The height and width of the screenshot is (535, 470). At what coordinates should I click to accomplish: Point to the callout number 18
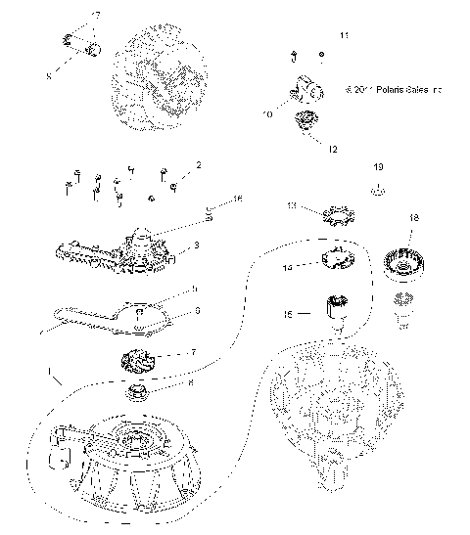[x=413, y=218]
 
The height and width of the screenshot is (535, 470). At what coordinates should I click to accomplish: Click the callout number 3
[x=197, y=245]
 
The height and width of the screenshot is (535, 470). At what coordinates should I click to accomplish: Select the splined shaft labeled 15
[x=341, y=311]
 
